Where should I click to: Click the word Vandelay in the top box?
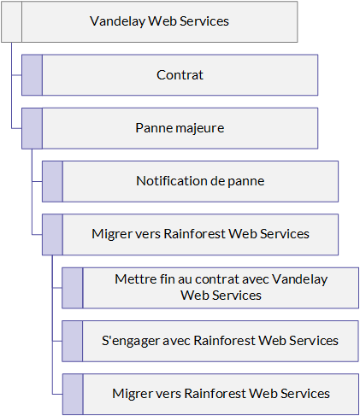pyautogui.click(x=117, y=21)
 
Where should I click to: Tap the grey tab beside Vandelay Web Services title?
pyautogui.click(x=12, y=22)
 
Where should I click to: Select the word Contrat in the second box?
pyautogui.click(x=180, y=75)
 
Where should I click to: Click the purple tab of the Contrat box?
pyautogui.click(x=32, y=75)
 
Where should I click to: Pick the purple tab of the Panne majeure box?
pyautogui.click(x=32, y=128)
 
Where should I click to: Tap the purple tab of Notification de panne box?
pyautogui.click(x=52, y=181)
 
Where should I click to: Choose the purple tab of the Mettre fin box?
pyautogui.click(x=73, y=288)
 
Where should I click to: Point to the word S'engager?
pyautogui.click(x=131, y=341)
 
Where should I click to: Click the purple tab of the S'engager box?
pyautogui.click(x=73, y=341)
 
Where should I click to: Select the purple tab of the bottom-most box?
pyautogui.click(x=73, y=394)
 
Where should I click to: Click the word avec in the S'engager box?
pyautogui.click(x=176, y=341)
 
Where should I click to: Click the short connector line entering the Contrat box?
pyautogui.click(x=17, y=75)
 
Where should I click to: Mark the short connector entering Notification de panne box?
pyautogui.click(x=37, y=181)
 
